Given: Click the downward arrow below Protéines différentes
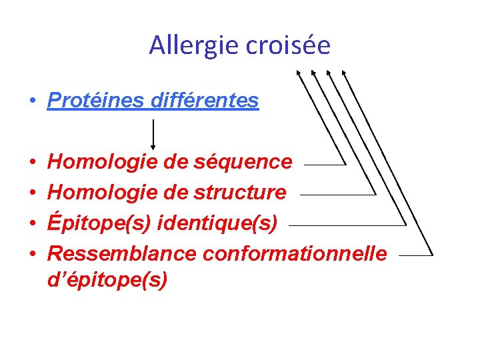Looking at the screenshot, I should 154,134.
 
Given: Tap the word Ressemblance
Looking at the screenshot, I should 122,254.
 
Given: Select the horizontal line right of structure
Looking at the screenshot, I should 337,195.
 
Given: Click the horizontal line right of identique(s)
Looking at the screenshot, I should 347,225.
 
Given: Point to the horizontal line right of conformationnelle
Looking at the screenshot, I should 415,255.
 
